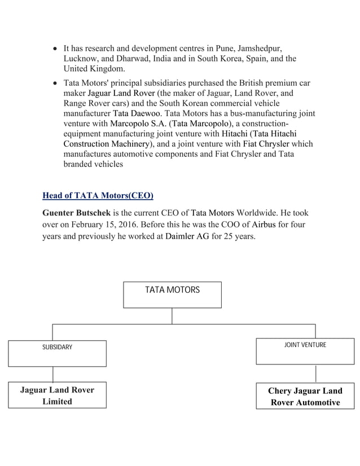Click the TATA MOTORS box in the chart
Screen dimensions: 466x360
coord(172,294)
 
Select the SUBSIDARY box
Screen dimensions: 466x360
coord(57,353)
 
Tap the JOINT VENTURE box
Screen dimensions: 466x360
coord(305,351)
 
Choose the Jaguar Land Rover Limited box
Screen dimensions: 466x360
coord(57,395)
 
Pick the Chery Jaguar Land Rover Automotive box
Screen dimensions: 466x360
coord(305,397)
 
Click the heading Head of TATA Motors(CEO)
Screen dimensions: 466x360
coord(98,196)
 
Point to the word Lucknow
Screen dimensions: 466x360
coord(81,59)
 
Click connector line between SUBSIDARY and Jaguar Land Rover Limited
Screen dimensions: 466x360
coord(53,374)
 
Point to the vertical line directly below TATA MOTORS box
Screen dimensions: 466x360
coord(172,316)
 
